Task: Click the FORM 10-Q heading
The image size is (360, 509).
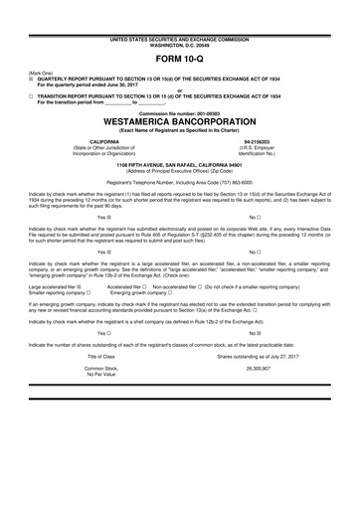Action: (179, 57)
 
